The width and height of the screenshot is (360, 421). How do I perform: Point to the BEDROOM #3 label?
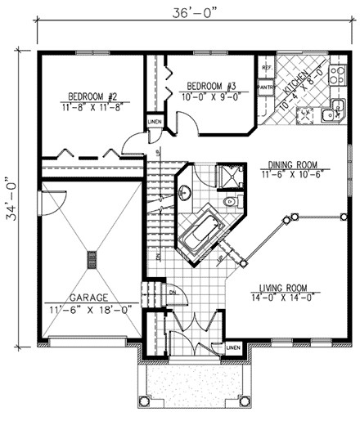click(212, 85)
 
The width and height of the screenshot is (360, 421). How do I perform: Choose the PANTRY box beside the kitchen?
click(266, 85)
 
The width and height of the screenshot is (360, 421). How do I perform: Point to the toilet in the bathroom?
click(231, 200)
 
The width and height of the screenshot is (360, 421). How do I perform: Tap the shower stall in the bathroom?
click(225, 176)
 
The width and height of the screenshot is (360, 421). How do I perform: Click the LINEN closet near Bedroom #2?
click(154, 122)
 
